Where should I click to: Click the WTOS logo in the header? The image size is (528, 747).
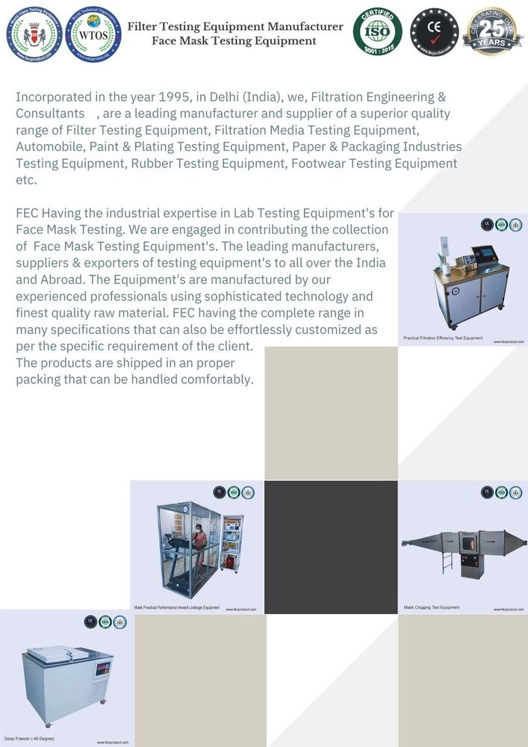coord(92,34)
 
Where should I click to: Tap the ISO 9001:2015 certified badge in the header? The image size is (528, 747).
coord(378,31)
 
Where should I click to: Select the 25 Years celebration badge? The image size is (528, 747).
coord(492,31)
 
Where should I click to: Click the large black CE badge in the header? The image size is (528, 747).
coord(435,31)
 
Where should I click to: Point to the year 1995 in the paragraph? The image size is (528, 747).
coord(178,97)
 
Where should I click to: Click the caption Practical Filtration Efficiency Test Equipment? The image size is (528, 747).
coord(443,338)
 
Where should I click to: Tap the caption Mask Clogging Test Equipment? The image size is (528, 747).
coord(432,607)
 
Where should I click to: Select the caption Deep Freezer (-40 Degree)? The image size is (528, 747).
coord(29,738)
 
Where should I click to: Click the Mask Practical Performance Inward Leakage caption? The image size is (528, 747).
coord(177,608)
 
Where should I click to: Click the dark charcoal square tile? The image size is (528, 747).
coord(331,547)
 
